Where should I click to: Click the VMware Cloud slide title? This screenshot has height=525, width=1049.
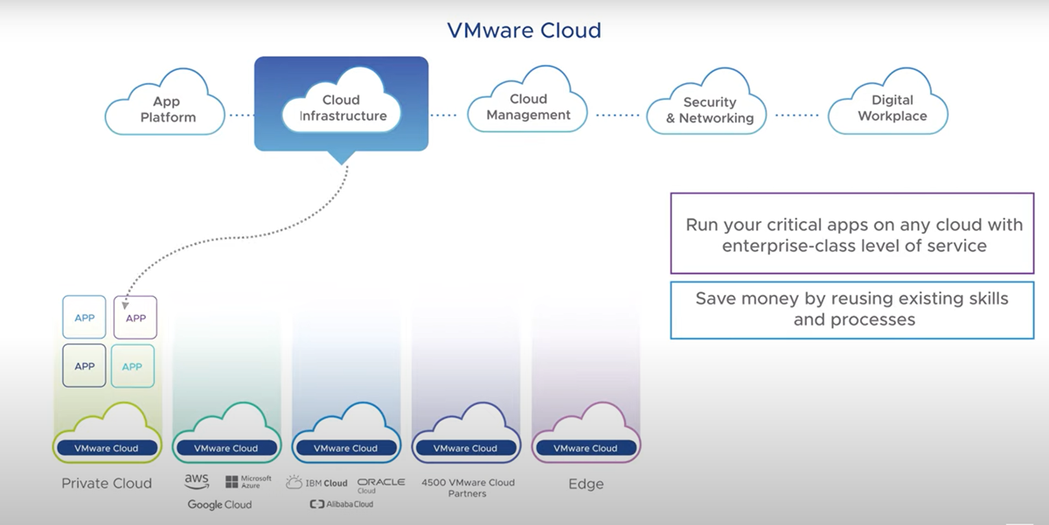[x=524, y=31]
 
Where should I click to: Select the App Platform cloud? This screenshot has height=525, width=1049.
[x=167, y=109]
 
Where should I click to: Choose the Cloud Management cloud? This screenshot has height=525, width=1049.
[x=528, y=107]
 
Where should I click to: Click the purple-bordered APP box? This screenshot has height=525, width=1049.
[x=135, y=318]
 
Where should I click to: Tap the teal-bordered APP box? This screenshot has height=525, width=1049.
[x=132, y=366]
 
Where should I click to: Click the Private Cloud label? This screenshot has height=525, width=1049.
[x=107, y=483]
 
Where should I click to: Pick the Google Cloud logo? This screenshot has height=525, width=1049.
[x=219, y=505]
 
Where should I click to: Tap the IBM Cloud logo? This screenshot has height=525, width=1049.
[x=316, y=483]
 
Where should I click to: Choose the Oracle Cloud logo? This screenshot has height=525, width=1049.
[x=381, y=485]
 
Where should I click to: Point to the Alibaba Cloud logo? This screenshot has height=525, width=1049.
[x=342, y=505]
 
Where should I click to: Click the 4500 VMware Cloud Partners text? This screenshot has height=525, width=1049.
[x=468, y=487]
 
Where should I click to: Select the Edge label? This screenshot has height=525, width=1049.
[x=586, y=484]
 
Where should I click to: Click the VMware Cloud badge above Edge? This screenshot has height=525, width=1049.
[x=586, y=448]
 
